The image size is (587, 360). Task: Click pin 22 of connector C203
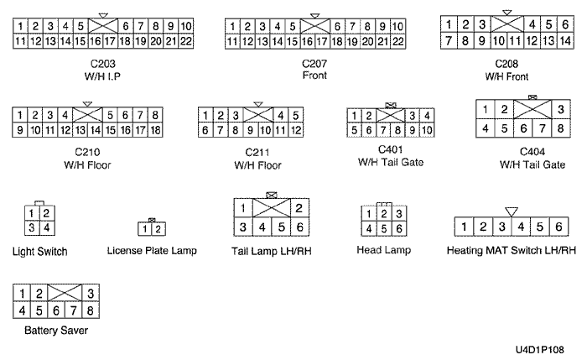pos(186,40)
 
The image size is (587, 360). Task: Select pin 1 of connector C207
pos(234,26)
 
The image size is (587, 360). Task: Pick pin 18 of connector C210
pos(154,130)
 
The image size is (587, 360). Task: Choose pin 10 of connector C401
pos(427,130)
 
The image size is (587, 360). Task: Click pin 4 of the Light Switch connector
pos(47,227)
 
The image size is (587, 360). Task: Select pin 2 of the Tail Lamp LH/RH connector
pos(299,207)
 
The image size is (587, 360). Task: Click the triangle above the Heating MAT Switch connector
pos(512,211)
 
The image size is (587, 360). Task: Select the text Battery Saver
pos(56,330)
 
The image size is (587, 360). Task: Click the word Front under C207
pos(314,74)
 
